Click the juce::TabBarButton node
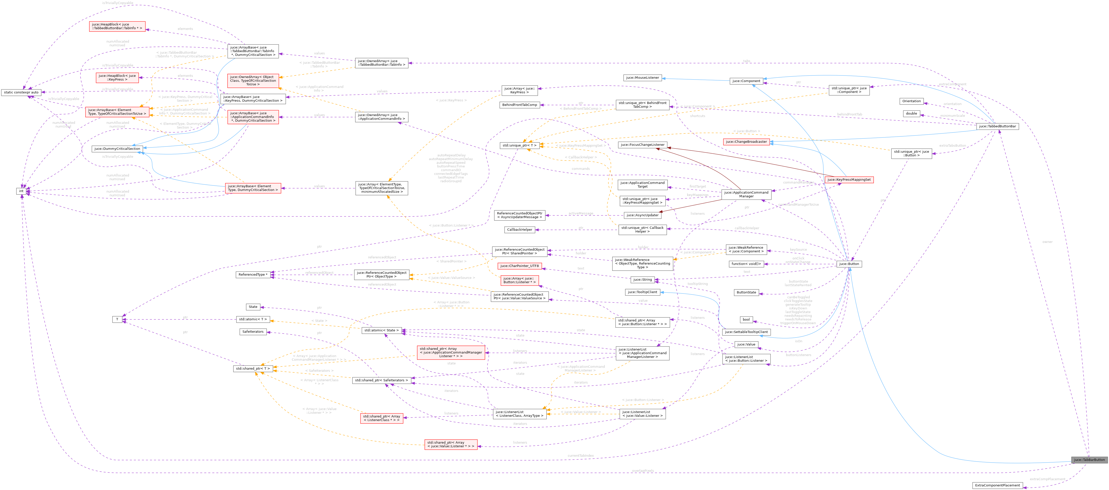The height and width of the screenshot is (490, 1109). pyautogui.click(x=1089, y=460)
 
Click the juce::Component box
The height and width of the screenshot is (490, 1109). pyautogui.click(x=746, y=81)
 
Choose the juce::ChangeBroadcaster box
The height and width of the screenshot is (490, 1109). pyautogui.click(x=746, y=142)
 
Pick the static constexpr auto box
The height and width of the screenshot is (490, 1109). pyautogui.click(x=21, y=92)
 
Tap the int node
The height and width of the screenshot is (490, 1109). pyautogui.click(x=21, y=191)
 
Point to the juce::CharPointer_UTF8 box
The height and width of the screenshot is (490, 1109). pyautogui.click(x=519, y=266)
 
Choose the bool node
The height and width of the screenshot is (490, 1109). pyautogui.click(x=746, y=319)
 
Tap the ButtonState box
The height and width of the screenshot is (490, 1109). pyautogui.click(x=746, y=292)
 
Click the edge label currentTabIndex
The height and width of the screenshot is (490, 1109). pyautogui.click(x=580, y=456)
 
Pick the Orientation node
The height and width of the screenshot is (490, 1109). pyautogui.click(x=911, y=101)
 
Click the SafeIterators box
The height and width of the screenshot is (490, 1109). pyautogui.click(x=253, y=331)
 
